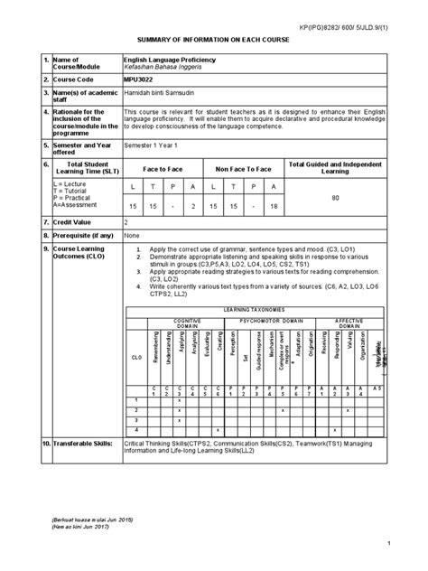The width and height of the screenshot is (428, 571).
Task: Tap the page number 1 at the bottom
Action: pos(386,542)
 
